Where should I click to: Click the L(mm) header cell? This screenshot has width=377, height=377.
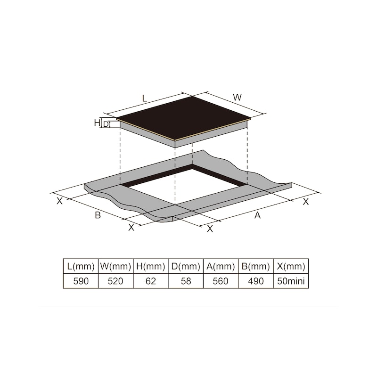81,266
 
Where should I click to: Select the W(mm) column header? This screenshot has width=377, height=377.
115,266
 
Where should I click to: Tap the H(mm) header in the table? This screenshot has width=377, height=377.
151,266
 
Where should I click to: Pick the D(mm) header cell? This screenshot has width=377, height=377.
186,266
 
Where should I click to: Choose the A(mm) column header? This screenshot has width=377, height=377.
221,266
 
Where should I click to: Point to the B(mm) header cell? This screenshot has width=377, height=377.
256,266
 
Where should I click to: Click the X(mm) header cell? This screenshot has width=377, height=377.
291,266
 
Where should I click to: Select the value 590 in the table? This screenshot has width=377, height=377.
81,281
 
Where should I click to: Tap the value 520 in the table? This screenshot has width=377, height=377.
115,281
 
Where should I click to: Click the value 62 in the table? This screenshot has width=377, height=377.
151,281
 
